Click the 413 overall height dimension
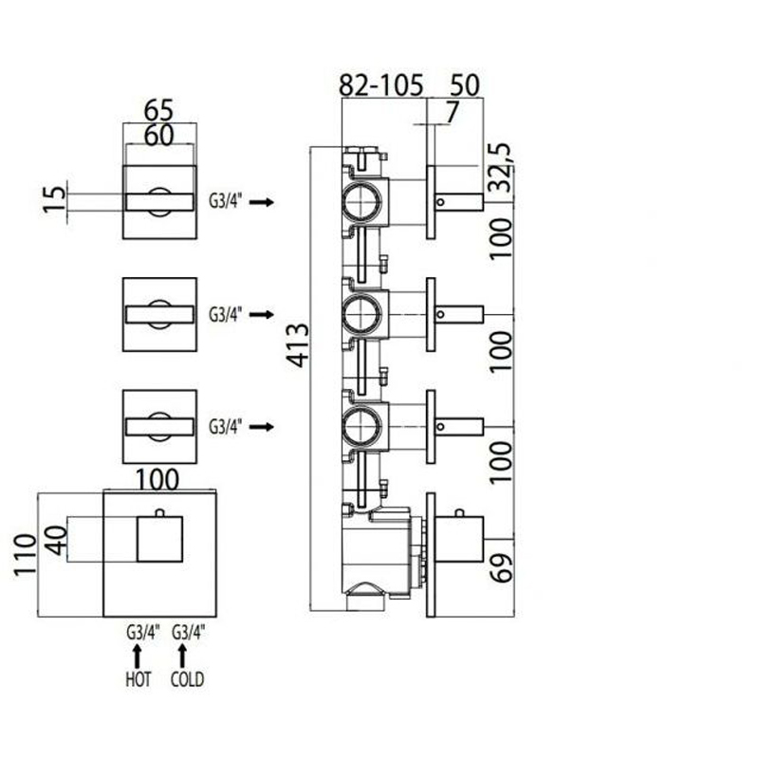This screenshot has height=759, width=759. pyautogui.click(x=297, y=345)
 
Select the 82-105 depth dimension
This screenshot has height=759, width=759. pyautogui.click(x=381, y=85)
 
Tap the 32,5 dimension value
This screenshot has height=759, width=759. pyautogui.click(x=500, y=168)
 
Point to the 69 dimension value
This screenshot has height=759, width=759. pyautogui.click(x=501, y=567)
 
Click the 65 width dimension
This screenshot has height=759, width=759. pyautogui.click(x=158, y=110)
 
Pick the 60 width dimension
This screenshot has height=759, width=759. pyautogui.click(x=158, y=135)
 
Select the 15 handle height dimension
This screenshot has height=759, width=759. pyautogui.click(x=55, y=199)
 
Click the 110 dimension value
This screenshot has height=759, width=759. pyautogui.click(x=26, y=555)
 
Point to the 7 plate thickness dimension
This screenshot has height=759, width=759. pyautogui.click(x=452, y=112)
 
